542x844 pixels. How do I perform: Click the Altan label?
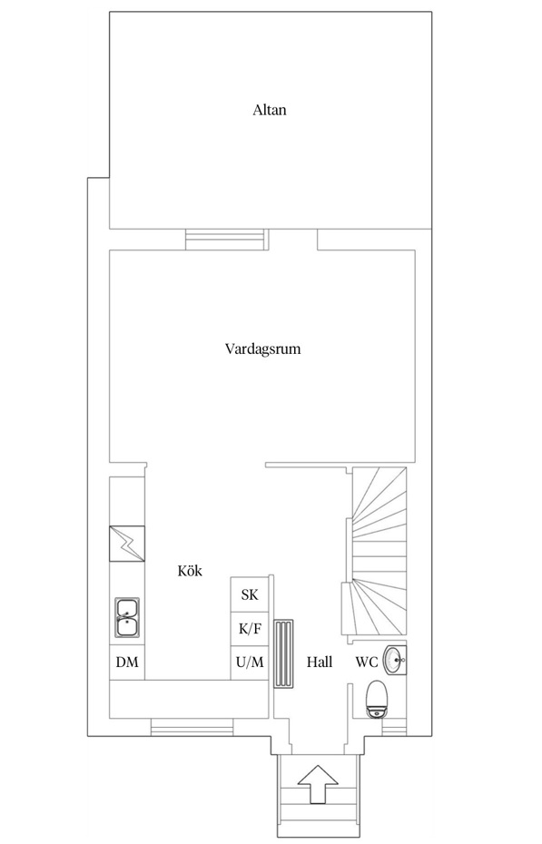click(270, 110)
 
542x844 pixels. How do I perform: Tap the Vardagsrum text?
click(262, 348)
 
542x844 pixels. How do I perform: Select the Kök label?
click(189, 571)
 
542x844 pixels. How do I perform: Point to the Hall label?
click(319, 662)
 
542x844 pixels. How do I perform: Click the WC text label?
click(366, 662)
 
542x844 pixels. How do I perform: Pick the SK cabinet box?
click(249, 595)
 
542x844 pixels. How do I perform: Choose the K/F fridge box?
click(249, 628)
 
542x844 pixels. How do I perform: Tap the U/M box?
click(249, 662)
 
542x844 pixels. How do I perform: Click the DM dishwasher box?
click(127, 662)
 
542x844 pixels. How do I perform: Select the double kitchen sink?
click(127, 617)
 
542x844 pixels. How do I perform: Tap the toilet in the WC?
click(376, 699)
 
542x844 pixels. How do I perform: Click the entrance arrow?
click(317, 783)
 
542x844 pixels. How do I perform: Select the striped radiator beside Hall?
click(284, 654)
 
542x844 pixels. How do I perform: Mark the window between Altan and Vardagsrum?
click(226, 239)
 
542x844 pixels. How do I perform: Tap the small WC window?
click(394, 727)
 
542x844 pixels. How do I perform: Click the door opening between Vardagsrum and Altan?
click(292, 239)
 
